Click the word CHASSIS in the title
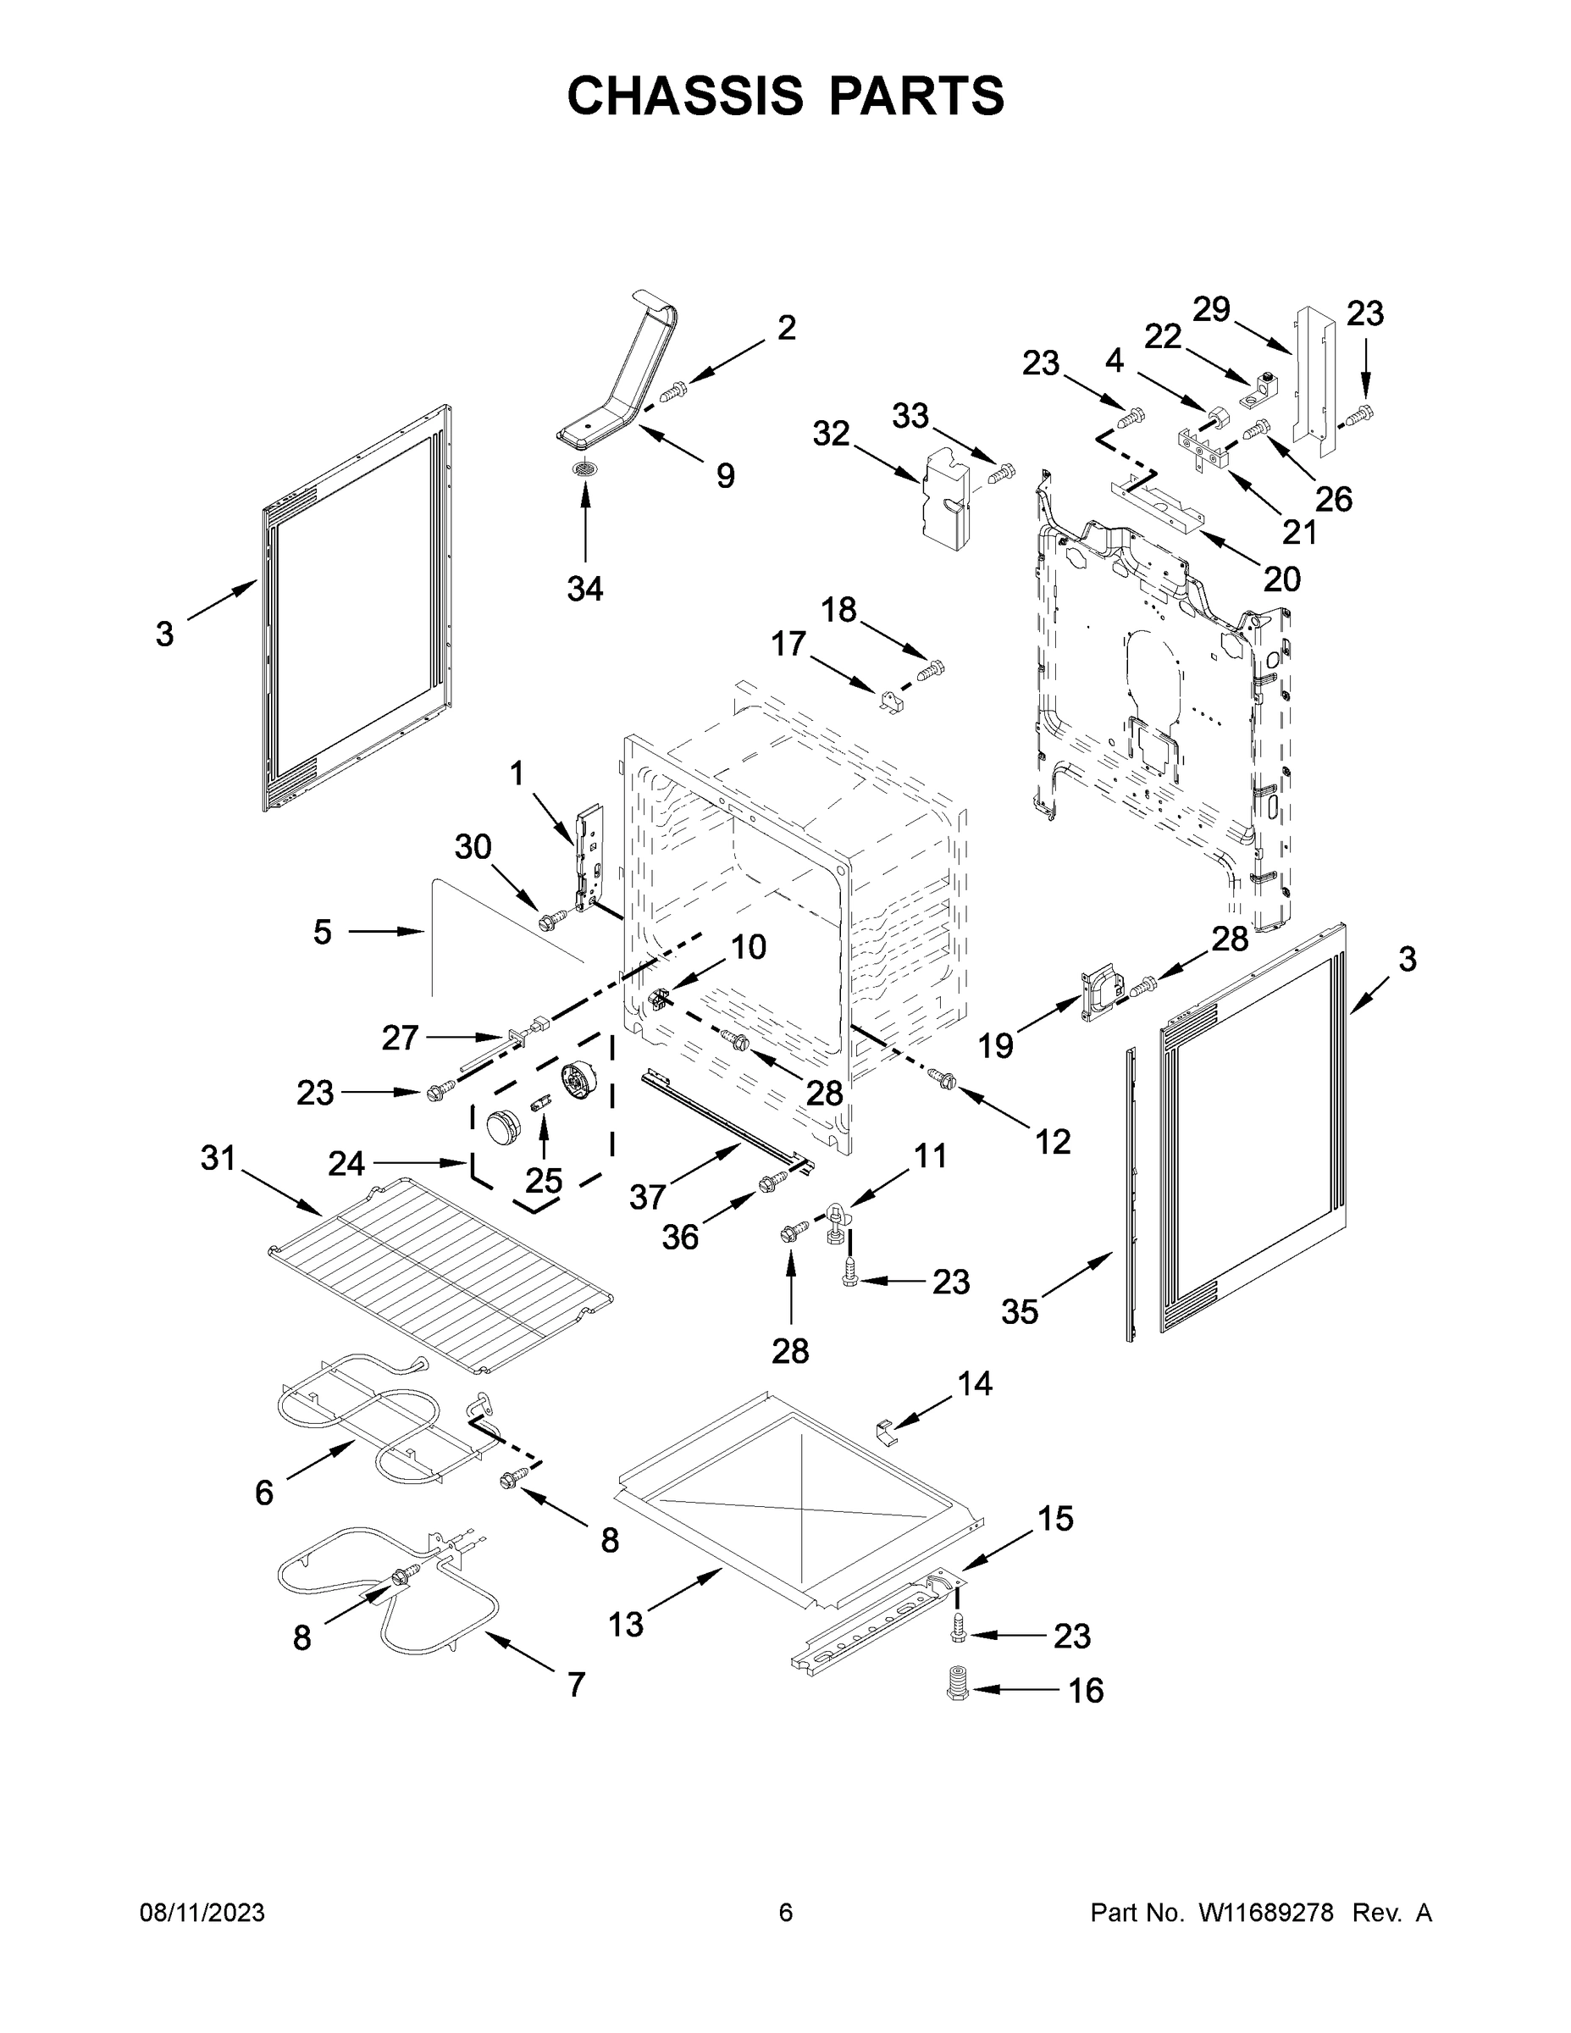[x=685, y=96]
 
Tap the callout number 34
[x=584, y=589]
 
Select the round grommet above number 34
[x=584, y=468]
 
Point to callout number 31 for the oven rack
[x=219, y=1158]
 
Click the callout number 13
[x=625, y=1625]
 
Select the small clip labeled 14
[x=887, y=1432]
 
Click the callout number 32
[x=831, y=432]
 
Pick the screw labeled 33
[x=1000, y=474]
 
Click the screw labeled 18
[x=931, y=670]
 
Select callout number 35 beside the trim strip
[x=1019, y=1311]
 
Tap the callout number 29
[x=1212, y=308]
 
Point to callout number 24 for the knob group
[x=346, y=1163]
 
